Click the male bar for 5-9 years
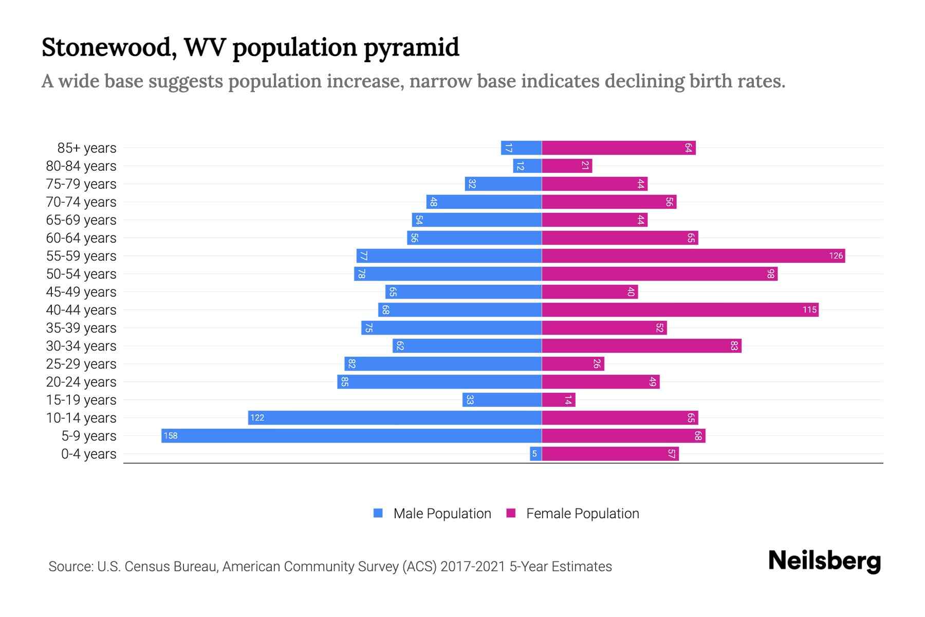[x=351, y=435]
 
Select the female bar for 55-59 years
[x=693, y=256]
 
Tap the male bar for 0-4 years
[x=536, y=453]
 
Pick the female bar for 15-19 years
[x=559, y=400]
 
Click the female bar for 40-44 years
[x=680, y=310]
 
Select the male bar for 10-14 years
[x=395, y=418]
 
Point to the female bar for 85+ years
[x=619, y=148]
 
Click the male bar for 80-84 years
[x=527, y=166]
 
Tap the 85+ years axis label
[x=87, y=148]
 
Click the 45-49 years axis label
[x=81, y=292]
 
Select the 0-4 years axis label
[x=88, y=454]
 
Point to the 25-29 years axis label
[x=81, y=364]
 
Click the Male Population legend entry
[x=432, y=513]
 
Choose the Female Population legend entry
[x=572, y=513]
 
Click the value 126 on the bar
[x=836, y=256]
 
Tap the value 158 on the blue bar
[x=171, y=435]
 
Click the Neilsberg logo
[x=824, y=561]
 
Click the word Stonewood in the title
[x=108, y=47]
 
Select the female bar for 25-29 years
[x=573, y=364]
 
